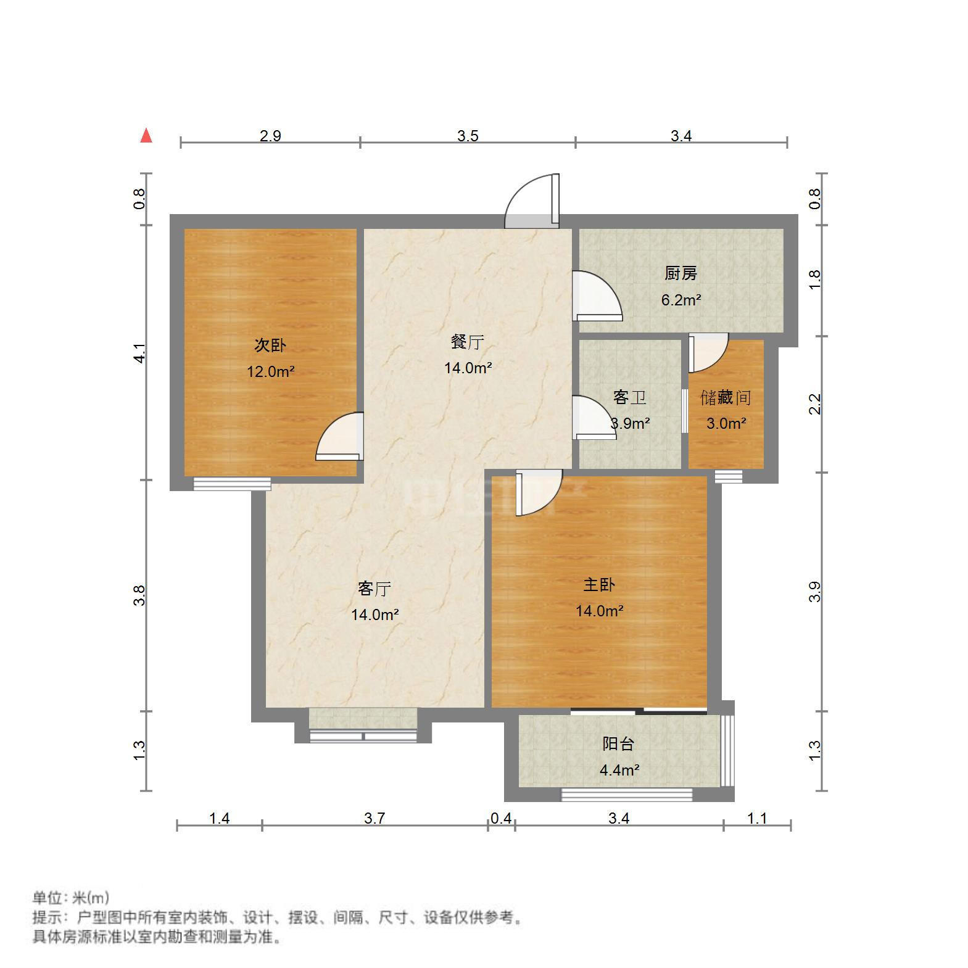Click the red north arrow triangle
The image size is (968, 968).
tap(146, 136)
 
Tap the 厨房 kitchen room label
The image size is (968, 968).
tap(680, 273)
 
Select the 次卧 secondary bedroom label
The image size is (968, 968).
tap(270, 345)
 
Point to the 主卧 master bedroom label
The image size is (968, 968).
tap(599, 584)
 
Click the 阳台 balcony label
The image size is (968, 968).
tap(618, 743)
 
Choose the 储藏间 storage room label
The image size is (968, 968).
tap(726, 397)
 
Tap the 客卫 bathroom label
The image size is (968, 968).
tap(629, 397)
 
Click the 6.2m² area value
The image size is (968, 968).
tap(680, 300)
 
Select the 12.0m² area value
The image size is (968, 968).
tap(270, 372)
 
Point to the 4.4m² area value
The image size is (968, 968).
tap(619, 770)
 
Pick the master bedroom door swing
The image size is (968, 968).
tap(538, 491)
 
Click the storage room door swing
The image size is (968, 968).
tap(707, 352)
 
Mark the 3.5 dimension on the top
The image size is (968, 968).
tap(468, 136)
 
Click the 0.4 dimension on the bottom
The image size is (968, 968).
tap(500, 818)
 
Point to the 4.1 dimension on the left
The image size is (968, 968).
tap(140, 353)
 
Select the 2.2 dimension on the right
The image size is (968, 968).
tap(815, 404)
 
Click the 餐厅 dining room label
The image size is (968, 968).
tap(467, 341)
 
